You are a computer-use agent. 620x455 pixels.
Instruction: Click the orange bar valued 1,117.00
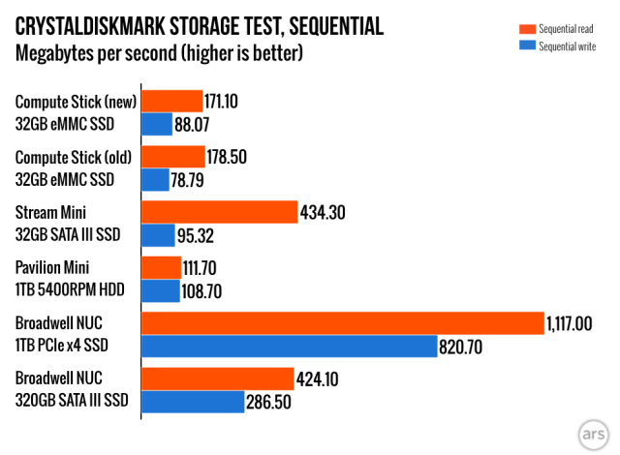(343, 323)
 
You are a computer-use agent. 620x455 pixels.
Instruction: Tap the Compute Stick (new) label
(76, 101)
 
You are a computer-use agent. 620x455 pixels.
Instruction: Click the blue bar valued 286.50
(192, 401)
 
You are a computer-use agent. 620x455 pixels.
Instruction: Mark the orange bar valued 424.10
(218, 379)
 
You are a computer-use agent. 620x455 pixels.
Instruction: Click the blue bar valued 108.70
(161, 290)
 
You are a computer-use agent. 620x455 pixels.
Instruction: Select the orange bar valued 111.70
(162, 267)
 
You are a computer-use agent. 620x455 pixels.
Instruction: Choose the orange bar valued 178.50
(173, 157)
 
